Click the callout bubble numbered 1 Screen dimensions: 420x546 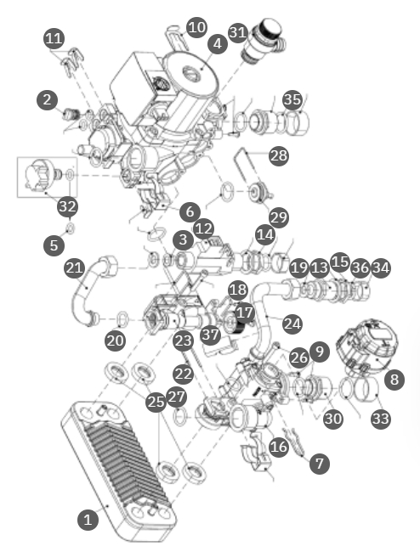tap(88, 520)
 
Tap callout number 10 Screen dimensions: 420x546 tap(197, 27)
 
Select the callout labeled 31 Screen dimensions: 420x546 tap(238, 32)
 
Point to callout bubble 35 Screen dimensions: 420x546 tap(292, 99)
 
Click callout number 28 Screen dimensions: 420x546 tap(279, 155)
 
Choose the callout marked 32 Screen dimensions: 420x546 tap(68, 206)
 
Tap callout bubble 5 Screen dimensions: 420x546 tap(54, 245)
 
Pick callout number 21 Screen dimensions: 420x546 tap(74, 267)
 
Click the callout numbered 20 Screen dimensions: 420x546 tap(115, 341)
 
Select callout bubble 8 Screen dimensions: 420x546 tap(394, 380)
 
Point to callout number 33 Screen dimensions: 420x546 tap(381, 419)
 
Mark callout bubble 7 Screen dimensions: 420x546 tap(320, 464)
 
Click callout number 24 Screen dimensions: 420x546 tap(292, 324)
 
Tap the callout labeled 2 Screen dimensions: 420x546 tap(47, 99)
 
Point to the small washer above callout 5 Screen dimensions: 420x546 tap(71, 228)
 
